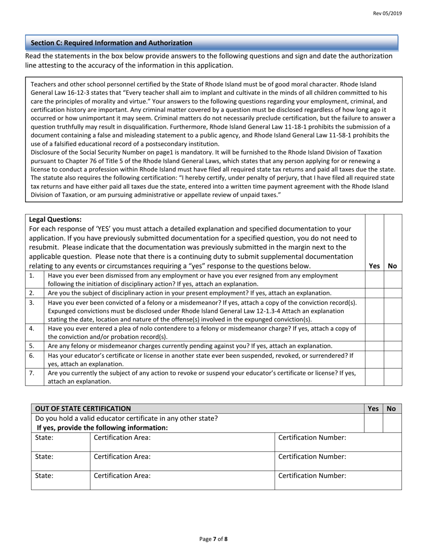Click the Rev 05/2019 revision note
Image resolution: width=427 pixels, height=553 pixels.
387,13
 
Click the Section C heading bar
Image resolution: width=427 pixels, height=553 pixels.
211,43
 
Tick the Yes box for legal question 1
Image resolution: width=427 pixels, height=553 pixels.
374,279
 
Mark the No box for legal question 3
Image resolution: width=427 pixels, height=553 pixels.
393,311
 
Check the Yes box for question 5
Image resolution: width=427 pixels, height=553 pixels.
374,346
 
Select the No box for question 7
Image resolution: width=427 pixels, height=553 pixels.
393,377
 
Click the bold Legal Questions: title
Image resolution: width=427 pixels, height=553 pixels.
55,220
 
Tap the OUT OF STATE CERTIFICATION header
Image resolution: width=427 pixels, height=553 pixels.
83,409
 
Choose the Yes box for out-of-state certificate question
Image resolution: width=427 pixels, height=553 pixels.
373,423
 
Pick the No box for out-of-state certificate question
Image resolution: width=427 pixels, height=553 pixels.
391,423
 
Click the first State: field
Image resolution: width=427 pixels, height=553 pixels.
61,442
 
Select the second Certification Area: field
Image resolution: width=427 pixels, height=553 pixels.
182,461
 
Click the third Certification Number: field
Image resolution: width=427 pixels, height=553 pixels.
338,480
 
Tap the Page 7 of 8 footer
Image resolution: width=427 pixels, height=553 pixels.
213,539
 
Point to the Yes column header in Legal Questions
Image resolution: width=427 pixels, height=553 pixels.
374,266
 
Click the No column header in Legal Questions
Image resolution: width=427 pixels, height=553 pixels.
392,266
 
